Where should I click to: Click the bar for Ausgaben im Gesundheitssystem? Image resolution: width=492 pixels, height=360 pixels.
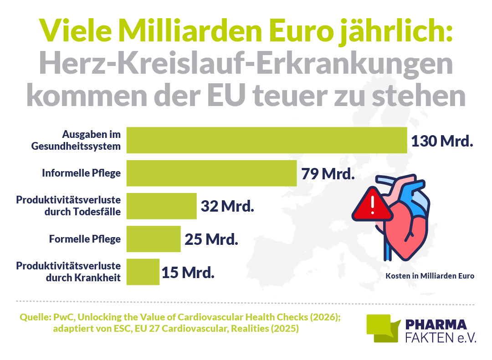point(266,140)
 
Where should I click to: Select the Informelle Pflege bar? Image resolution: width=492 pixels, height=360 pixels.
point(211,173)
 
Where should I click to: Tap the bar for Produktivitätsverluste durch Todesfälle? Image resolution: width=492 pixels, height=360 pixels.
point(162,206)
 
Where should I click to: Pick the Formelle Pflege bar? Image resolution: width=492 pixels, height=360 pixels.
point(154,239)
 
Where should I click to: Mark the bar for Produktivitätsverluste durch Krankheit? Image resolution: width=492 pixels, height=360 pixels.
point(143,272)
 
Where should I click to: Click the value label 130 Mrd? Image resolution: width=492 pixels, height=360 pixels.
point(442,141)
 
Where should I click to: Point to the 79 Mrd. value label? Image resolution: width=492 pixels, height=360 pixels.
point(328,174)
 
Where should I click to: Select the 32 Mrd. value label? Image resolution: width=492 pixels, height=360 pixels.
point(227,206)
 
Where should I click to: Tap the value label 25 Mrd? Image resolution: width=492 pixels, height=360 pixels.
point(211,239)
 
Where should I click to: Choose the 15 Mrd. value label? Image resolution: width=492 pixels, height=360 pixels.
point(188,273)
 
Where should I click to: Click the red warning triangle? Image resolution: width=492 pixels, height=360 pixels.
point(372,205)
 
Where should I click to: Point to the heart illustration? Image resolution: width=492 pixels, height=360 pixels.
point(405,219)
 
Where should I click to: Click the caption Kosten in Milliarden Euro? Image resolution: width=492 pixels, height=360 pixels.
point(430,276)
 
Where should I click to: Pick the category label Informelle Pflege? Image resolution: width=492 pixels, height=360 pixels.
point(81,173)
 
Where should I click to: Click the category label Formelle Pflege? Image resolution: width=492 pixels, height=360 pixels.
point(85,239)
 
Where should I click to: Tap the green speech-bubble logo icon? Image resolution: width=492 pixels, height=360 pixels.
point(383,328)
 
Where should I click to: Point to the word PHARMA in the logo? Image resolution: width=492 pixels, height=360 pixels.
point(436,325)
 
